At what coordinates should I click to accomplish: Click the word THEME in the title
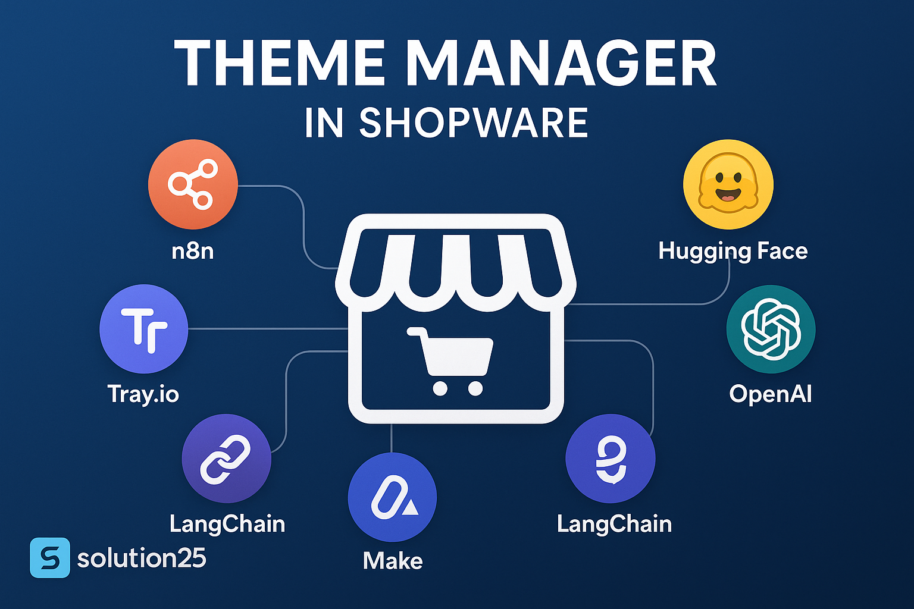[x=280, y=63]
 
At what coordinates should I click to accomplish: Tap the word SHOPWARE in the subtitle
[x=473, y=123]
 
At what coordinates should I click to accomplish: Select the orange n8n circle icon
[x=193, y=184]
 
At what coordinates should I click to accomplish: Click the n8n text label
[x=193, y=250]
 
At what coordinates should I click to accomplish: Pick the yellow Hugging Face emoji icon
[x=728, y=184]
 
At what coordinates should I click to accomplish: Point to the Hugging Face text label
[x=733, y=251]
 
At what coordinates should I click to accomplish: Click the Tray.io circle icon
[x=143, y=329]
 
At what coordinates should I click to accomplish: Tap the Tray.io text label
[x=143, y=394]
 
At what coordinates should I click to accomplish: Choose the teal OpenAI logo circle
[x=771, y=329]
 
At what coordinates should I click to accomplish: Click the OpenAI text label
[x=771, y=394]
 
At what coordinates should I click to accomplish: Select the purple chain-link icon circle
[x=227, y=459]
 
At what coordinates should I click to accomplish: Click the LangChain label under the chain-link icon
[x=227, y=524]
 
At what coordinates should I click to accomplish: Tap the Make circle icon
[x=393, y=497]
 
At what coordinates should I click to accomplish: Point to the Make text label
[x=393, y=560]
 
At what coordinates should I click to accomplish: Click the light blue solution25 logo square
[x=50, y=558]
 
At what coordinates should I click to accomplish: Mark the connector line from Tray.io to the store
[x=268, y=329]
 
